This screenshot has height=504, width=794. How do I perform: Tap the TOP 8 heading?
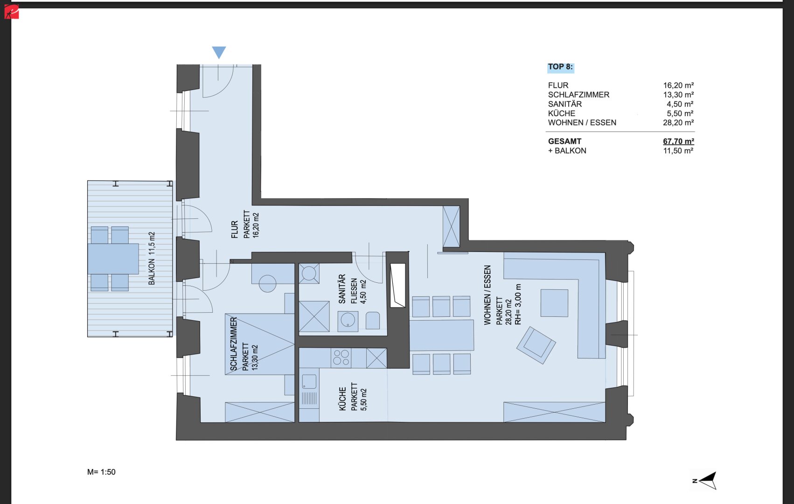click(x=560, y=67)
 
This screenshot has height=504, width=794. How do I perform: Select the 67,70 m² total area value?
click(x=678, y=141)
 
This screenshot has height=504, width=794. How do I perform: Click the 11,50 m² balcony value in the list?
click(x=678, y=151)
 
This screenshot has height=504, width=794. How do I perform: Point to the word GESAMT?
click(x=564, y=141)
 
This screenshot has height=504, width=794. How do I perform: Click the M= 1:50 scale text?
click(x=101, y=472)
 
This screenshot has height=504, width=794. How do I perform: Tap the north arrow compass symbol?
click(x=705, y=481)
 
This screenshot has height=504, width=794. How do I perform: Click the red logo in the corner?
click(x=11, y=12)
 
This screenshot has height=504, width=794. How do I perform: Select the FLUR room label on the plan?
click(x=235, y=229)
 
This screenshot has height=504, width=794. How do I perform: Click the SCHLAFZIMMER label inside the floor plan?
click(x=233, y=344)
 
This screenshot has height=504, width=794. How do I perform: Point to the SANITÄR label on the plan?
click(x=341, y=289)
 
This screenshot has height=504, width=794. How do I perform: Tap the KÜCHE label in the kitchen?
click(x=342, y=399)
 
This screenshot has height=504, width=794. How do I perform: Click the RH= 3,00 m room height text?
click(x=518, y=304)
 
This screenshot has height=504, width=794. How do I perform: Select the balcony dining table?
click(x=113, y=259)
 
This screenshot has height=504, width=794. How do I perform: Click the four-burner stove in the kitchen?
click(x=341, y=357)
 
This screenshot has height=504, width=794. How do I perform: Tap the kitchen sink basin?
click(x=309, y=382)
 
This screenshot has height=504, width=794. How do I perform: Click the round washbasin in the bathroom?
click(x=348, y=321)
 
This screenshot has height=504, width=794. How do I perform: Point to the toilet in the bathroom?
click(x=373, y=320)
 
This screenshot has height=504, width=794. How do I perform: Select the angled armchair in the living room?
click(x=536, y=345)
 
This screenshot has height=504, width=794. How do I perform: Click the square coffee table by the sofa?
click(x=554, y=303)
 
